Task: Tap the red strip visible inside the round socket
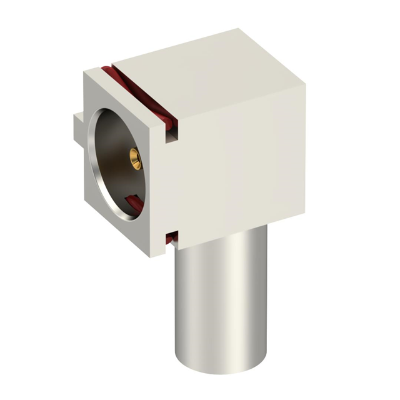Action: click(x=134, y=201)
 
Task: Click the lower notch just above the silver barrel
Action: click(x=169, y=238)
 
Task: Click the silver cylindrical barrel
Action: click(x=219, y=300)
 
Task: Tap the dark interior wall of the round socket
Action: click(x=116, y=169)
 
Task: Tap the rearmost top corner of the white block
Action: click(x=238, y=29)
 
